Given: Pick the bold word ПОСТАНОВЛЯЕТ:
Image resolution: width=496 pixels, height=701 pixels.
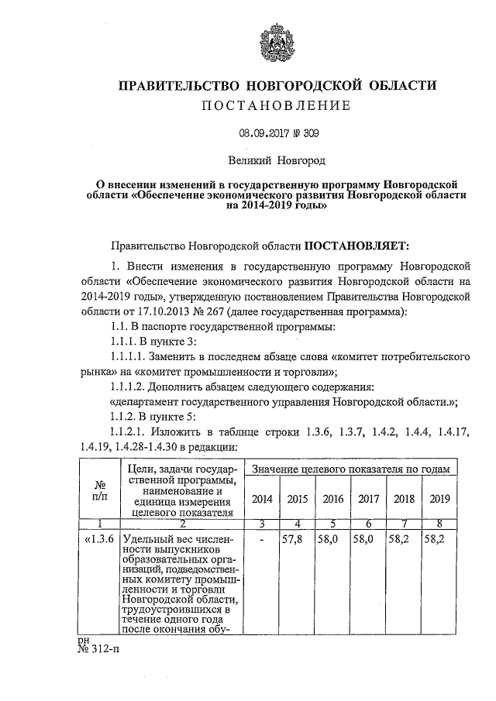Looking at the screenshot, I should [354, 246].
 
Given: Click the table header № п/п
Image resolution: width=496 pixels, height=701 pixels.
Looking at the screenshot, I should [99, 490].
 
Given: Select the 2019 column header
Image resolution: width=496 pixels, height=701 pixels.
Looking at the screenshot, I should [439, 499].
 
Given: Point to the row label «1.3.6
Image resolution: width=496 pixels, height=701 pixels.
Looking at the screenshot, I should [99, 538].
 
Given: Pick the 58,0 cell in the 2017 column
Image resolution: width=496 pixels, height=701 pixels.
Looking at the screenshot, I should [367, 538].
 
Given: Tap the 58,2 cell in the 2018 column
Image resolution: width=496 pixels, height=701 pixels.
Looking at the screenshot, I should [402, 538].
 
